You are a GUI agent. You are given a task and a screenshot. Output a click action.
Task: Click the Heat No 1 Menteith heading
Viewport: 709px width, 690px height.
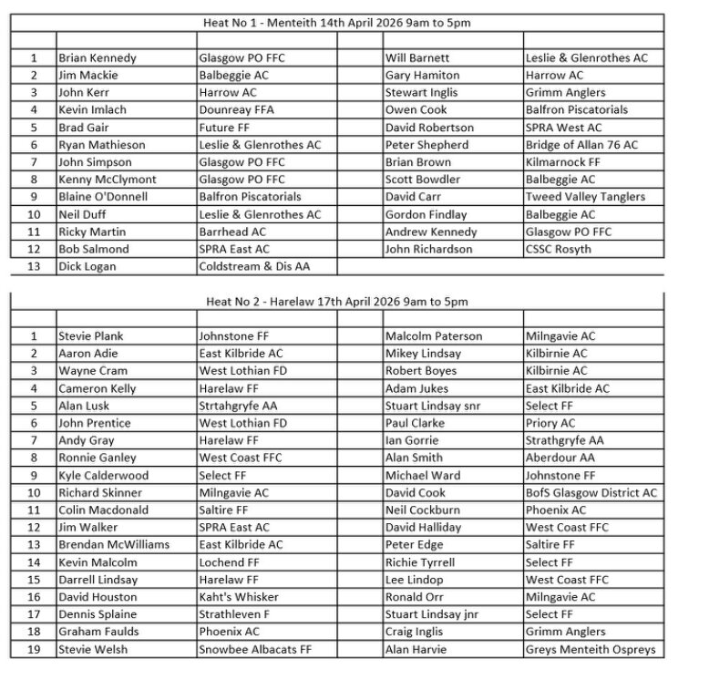pos(336,23)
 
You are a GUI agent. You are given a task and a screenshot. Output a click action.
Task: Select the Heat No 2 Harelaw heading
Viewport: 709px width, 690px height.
pos(336,302)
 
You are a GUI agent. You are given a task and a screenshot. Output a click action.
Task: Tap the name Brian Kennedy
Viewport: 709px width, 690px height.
pos(98,58)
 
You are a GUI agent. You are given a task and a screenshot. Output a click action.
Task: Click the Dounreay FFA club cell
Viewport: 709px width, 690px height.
pos(236,110)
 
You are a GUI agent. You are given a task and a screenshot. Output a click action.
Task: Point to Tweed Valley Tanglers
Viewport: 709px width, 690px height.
pos(585,197)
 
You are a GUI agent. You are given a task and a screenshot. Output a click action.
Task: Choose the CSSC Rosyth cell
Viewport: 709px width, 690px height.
pos(558,249)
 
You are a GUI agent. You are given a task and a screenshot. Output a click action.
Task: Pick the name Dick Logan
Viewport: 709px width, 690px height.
pos(86,267)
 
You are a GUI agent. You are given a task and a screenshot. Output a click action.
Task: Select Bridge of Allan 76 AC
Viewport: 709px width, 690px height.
pos(581,145)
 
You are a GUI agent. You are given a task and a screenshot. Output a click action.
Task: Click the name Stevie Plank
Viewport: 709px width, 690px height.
pos(91,336)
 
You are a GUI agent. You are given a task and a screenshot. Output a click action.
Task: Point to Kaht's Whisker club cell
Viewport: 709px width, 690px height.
pos(239,597)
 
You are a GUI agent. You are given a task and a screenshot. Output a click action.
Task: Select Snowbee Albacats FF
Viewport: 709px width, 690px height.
pos(255,650)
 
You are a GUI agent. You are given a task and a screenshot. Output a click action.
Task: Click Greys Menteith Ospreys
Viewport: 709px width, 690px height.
pos(590,650)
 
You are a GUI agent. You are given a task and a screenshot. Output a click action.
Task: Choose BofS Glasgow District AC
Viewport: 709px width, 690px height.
pos(591,493)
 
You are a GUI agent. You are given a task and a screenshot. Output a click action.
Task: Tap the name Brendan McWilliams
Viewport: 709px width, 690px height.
pos(114,545)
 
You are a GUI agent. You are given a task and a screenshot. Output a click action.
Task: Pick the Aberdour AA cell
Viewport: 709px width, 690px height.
pos(560,458)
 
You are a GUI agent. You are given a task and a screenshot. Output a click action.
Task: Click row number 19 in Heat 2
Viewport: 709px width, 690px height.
pos(33,650)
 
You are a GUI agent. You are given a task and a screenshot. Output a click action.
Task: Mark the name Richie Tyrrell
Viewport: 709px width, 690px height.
pos(419,562)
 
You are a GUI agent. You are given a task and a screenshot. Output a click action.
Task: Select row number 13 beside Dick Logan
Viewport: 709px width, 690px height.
pos(33,267)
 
